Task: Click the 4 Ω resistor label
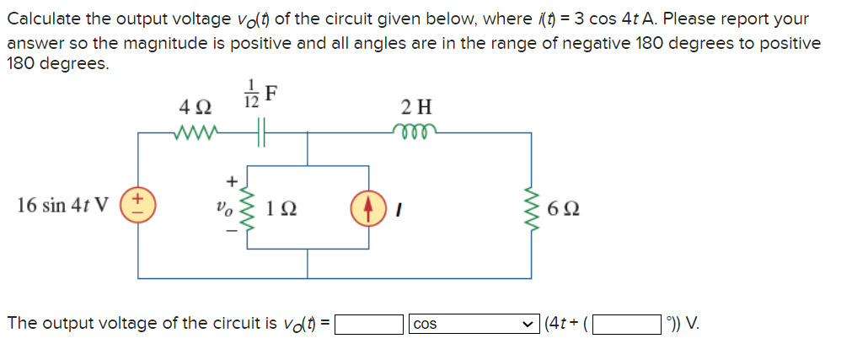pos(196,109)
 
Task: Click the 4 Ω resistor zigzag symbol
pos(196,132)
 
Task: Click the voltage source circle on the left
pos(138,206)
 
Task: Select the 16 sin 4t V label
pos(63,206)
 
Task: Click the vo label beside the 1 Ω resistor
pos(222,207)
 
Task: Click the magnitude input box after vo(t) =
pos(369,324)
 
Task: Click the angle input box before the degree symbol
pos(627,324)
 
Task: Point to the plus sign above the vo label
pos(227,180)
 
